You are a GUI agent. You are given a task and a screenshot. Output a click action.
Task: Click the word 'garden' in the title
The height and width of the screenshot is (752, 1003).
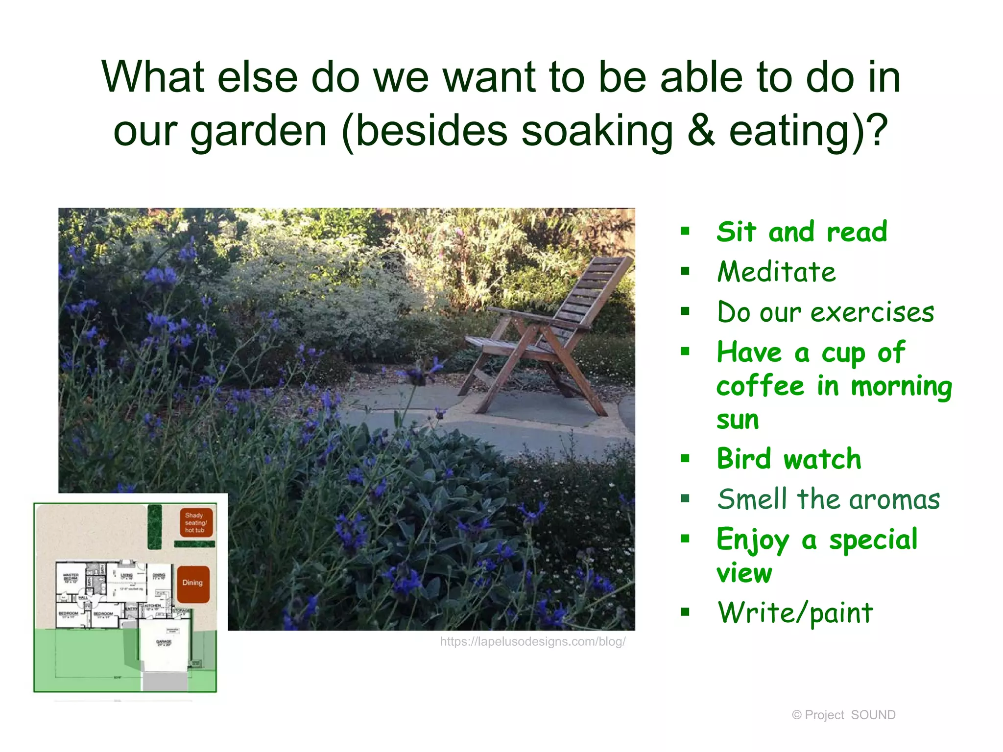(258, 131)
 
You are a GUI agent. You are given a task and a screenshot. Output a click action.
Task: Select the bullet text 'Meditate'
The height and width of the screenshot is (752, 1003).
(776, 272)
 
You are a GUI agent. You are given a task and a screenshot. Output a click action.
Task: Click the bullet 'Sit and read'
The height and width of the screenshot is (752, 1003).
(802, 232)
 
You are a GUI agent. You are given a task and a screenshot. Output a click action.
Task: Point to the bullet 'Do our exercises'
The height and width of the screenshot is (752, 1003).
(826, 312)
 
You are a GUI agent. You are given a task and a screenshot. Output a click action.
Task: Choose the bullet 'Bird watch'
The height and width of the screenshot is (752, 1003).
(788, 459)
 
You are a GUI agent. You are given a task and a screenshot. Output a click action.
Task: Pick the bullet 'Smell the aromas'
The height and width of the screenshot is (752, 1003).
(829, 499)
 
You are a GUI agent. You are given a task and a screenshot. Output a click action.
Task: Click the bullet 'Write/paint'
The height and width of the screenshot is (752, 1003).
(795, 612)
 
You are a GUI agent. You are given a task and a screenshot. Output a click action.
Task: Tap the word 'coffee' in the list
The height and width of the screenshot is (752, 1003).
(760, 386)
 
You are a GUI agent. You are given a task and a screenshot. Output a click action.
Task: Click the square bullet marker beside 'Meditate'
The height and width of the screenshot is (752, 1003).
(685, 271)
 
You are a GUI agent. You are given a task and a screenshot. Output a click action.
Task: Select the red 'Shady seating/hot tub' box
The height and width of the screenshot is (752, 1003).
(196, 523)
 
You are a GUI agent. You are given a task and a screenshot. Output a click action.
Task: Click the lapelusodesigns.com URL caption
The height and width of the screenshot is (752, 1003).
(532, 642)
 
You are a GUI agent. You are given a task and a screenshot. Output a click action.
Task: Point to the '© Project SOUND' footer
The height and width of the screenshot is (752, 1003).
(843, 715)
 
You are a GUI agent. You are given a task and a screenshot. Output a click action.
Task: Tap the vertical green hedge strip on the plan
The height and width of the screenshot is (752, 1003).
(155, 527)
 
